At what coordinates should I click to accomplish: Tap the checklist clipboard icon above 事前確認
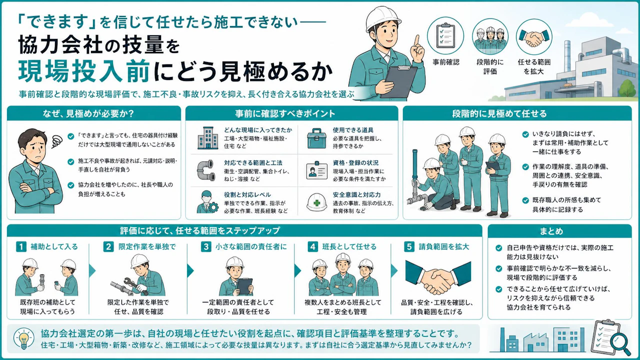(445, 35)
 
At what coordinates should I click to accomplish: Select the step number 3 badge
(205, 246)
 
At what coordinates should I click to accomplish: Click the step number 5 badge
(409, 246)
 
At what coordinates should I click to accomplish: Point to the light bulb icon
(24, 338)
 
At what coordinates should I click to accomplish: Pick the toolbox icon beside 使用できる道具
(316, 138)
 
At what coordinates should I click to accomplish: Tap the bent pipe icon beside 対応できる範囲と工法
(206, 170)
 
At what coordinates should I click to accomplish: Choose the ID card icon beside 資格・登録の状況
(316, 170)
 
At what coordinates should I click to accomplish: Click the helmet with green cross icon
(316, 202)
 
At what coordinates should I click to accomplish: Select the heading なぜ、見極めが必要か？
(88, 113)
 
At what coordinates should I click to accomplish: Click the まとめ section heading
(551, 231)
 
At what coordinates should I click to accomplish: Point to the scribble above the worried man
(57, 141)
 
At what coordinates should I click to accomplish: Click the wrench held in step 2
(135, 285)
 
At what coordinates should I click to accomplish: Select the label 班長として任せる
(349, 246)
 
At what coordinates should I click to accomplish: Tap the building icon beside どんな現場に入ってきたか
(207, 138)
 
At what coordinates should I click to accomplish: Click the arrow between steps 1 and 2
(92, 271)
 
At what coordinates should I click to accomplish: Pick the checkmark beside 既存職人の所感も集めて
(525, 200)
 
